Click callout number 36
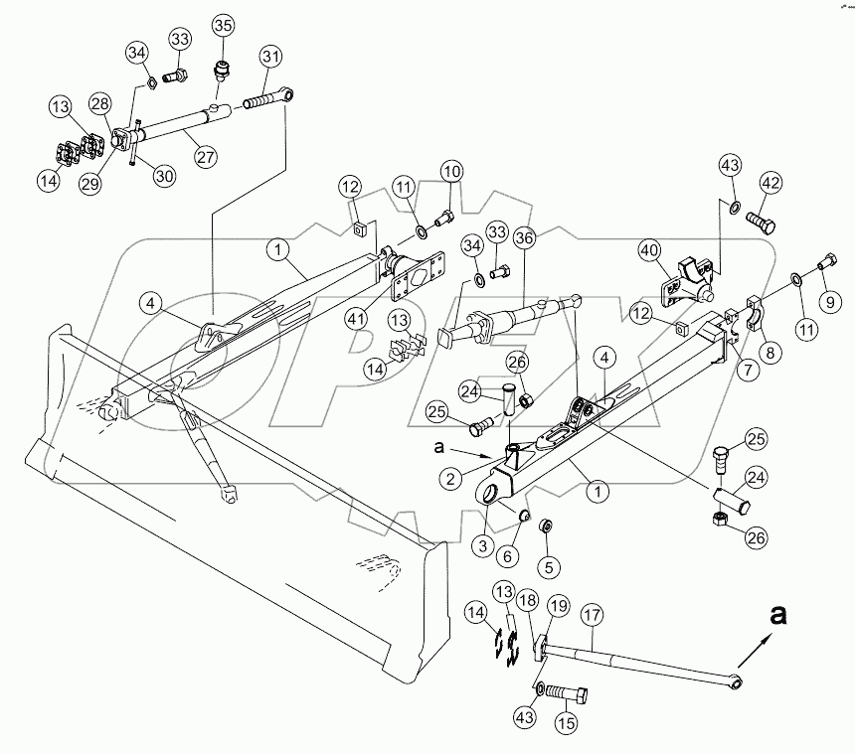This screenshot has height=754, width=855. pyautogui.click(x=524, y=239)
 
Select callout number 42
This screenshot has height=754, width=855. pyautogui.click(x=771, y=183)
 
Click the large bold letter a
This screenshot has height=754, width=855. pyautogui.click(x=778, y=616)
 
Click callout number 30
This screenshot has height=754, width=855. pyautogui.click(x=164, y=175)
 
